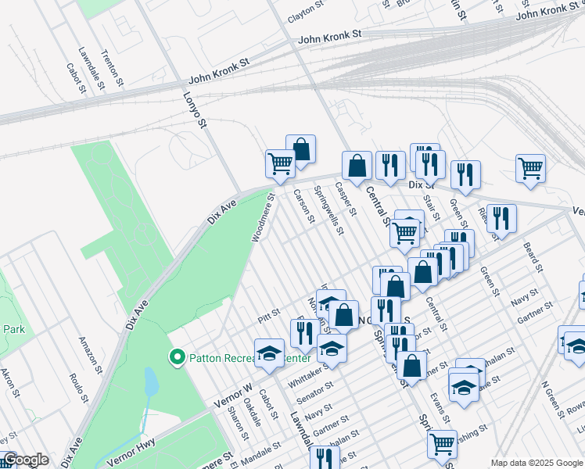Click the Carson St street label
point(303,206)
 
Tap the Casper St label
point(345,199)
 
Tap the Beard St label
point(534,257)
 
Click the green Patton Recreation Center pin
point(178,359)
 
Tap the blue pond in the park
point(151,383)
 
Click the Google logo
point(26,460)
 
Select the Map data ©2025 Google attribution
point(537,463)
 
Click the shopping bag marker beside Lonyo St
point(300,149)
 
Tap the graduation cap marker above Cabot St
point(270,353)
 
